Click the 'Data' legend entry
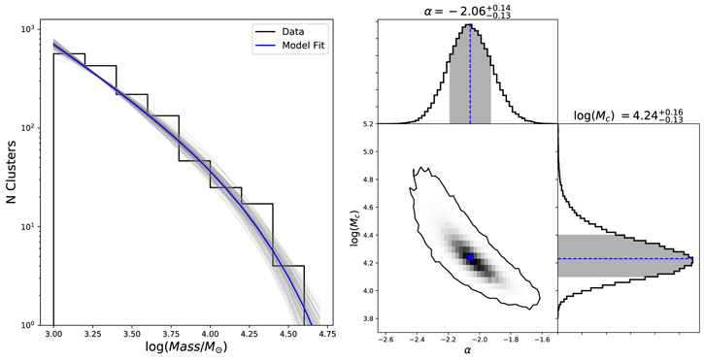click(x=283, y=30)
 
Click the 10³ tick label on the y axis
click(x=31, y=30)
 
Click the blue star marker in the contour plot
click(x=470, y=258)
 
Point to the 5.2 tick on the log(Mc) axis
click(x=367, y=125)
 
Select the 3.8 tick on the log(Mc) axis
click(x=367, y=318)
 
